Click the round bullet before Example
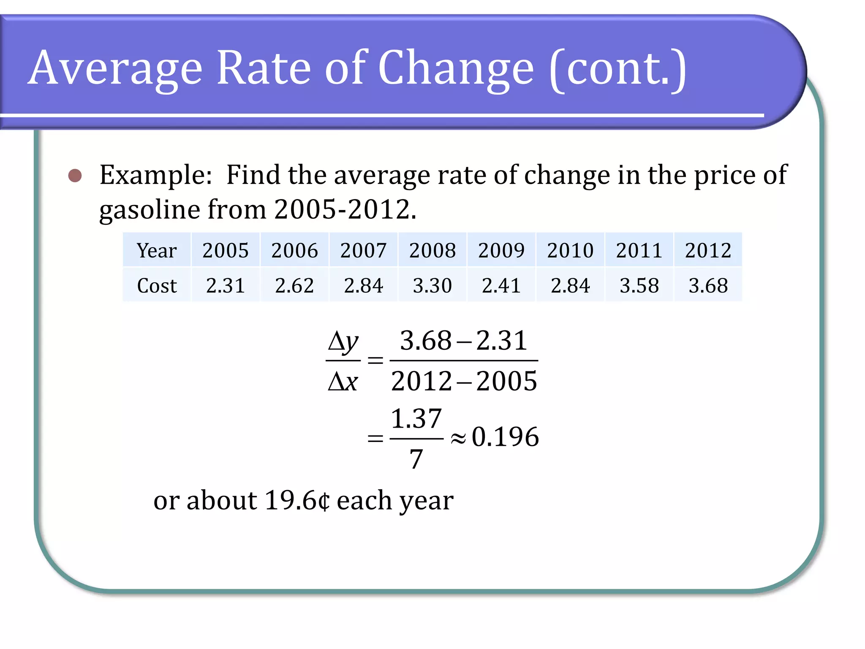pyautogui.click(x=75, y=175)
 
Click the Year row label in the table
pyautogui.click(x=157, y=251)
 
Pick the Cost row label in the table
pyautogui.click(x=157, y=286)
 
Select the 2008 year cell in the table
pyautogui.click(x=432, y=251)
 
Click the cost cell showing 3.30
pyautogui.click(x=432, y=286)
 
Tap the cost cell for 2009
pyautogui.click(x=501, y=286)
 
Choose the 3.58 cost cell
pyautogui.click(x=639, y=286)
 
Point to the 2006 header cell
pyautogui.click(x=294, y=251)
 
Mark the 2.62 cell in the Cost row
pyautogui.click(x=294, y=286)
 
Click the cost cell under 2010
pyautogui.click(x=570, y=286)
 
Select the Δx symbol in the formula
pyautogui.click(x=343, y=382)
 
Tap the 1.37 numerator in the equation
pyautogui.click(x=416, y=419)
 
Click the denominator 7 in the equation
pyautogui.click(x=416, y=459)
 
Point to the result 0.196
pyautogui.click(x=505, y=437)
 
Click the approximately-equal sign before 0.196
pyautogui.click(x=458, y=439)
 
